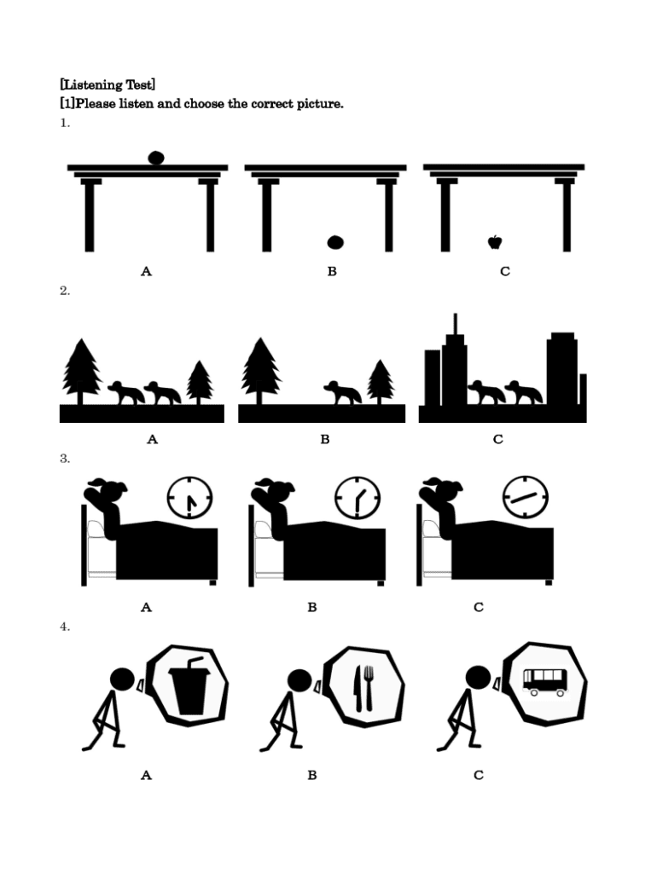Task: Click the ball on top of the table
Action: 156,158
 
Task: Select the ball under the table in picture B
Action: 335,242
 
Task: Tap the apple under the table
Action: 495,242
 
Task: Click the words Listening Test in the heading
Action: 108,84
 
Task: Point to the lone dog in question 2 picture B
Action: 342,392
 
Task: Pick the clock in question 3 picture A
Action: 190,498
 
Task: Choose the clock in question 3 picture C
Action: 526,497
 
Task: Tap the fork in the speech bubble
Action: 369,689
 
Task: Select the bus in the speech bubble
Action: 545,682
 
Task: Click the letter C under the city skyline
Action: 498,439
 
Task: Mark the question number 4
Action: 65,627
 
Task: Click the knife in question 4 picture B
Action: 357,689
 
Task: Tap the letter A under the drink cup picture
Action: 146,775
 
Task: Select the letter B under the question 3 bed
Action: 312,607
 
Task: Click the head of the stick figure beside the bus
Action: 478,678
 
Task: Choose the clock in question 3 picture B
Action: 358,498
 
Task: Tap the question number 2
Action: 65,291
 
